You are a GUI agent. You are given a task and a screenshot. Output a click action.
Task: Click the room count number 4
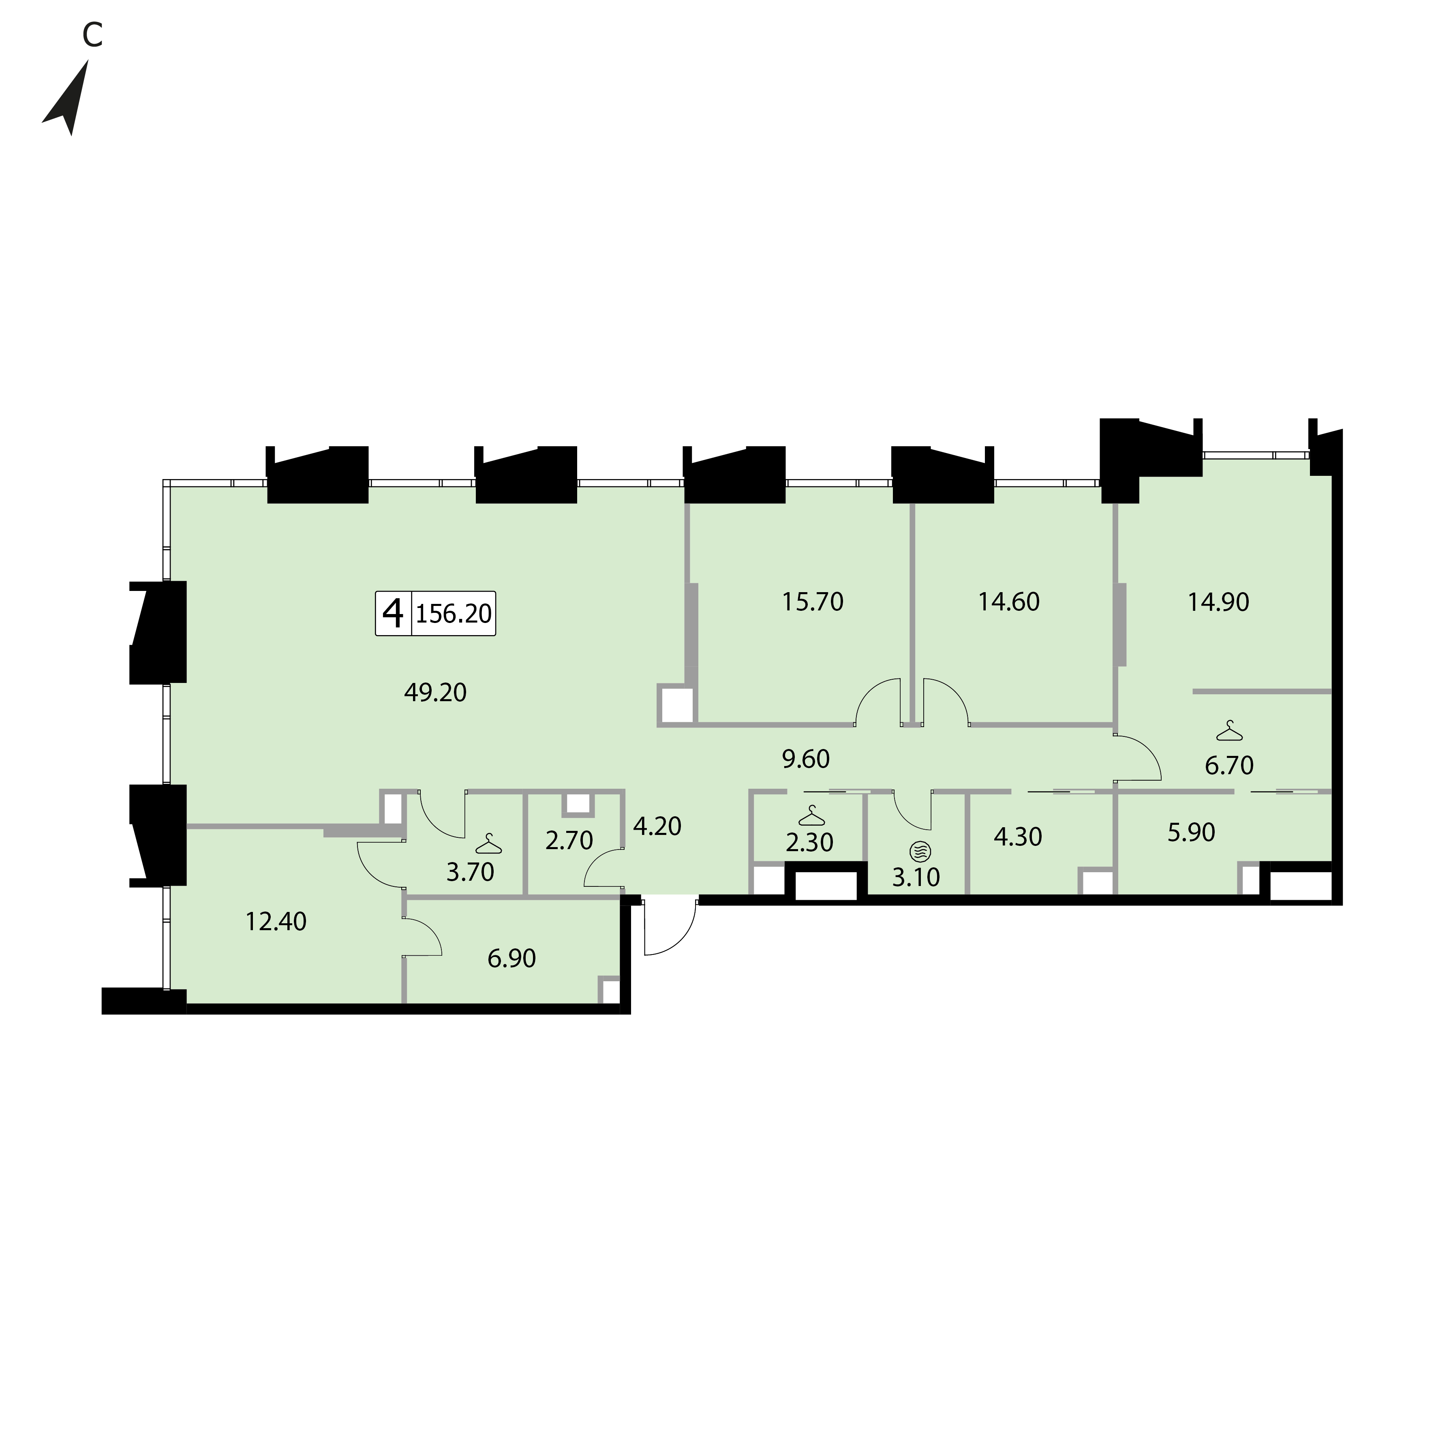(392, 613)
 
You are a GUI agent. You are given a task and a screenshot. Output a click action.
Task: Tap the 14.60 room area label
(1009, 601)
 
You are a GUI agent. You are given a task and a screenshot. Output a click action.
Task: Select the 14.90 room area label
(1218, 601)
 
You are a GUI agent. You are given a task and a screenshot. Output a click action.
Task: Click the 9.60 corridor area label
(806, 759)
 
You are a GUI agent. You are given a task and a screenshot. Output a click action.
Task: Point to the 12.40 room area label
(276, 922)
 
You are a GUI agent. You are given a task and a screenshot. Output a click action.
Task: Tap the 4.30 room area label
(1018, 837)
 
